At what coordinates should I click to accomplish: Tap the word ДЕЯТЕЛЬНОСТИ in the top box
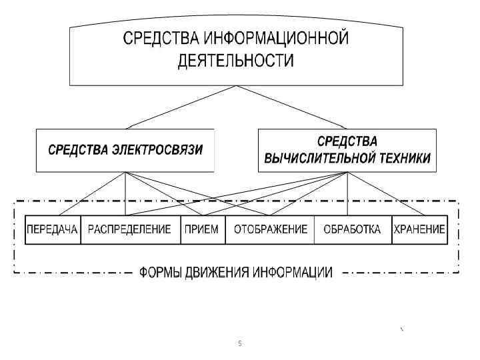(235, 61)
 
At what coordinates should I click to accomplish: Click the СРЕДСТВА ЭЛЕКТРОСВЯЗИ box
(125, 150)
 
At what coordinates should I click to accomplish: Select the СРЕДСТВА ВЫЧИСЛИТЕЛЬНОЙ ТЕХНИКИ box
(347, 150)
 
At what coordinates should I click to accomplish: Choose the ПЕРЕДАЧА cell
(52, 230)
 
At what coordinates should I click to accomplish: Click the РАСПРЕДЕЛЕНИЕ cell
(130, 230)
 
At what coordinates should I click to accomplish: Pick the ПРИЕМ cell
(203, 230)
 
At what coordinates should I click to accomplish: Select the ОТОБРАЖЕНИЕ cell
(269, 230)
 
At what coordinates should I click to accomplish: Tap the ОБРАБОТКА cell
(352, 230)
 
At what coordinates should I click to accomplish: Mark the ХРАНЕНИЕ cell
(419, 230)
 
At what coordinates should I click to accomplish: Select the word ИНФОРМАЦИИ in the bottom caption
(293, 272)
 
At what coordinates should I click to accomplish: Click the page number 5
(240, 343)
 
